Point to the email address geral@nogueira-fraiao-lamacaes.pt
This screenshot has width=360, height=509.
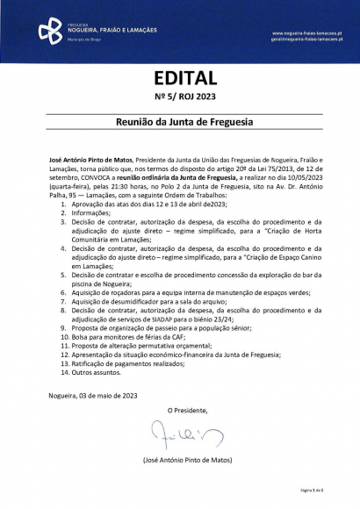(306, 39)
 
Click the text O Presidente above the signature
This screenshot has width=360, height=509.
(189, 410)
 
